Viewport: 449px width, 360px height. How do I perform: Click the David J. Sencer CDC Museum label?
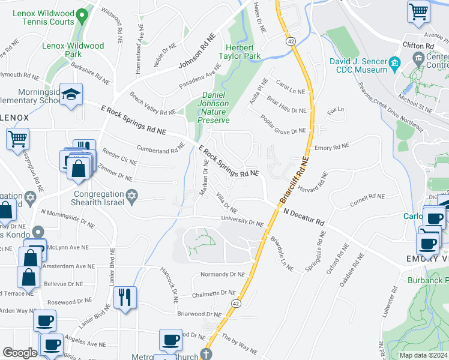tap(358, 65)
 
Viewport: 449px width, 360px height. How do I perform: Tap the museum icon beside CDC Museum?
tap(394, 62)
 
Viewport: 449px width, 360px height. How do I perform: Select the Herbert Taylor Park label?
tap(244, 52)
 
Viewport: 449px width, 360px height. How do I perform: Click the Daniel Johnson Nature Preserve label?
tap(214, 107)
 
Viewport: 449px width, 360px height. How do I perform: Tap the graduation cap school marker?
tap(71, 95)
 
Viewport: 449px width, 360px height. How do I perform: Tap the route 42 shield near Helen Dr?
tap(291, 41)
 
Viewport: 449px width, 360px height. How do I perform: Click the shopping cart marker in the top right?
tap(418, 11)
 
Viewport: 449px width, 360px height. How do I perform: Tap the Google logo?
tap(20, 352)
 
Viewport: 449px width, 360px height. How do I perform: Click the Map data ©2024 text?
tap(423, 355)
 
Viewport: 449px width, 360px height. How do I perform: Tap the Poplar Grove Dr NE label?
tap(283, 124)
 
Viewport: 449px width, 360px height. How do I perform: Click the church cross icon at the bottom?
tap(206, 353)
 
